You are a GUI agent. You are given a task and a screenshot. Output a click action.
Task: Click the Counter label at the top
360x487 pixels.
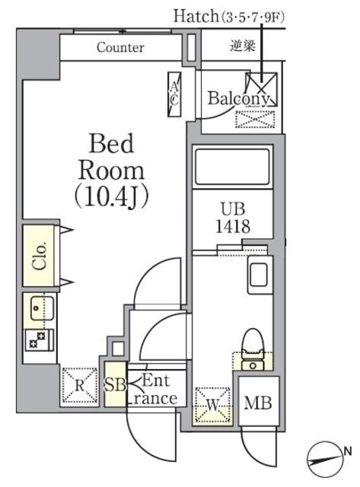click(x=120, y=47)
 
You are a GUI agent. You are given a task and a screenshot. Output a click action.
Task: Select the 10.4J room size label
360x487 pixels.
click(x=111, y=196)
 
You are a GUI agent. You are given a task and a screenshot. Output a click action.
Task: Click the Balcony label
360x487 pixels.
click(x=237, y=99)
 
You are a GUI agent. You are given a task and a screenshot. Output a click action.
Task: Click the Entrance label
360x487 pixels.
click(x=155, y=390)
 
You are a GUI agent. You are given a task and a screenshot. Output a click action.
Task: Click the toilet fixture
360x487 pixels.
click(x=250, y=346)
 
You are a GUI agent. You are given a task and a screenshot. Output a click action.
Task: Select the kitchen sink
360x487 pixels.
click(x=37, y=307)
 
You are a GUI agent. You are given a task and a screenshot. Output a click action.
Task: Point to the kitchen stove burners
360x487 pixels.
click(x=37, y=340)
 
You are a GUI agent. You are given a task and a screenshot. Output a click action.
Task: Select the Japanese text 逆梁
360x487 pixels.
click(x=241, y=46)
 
